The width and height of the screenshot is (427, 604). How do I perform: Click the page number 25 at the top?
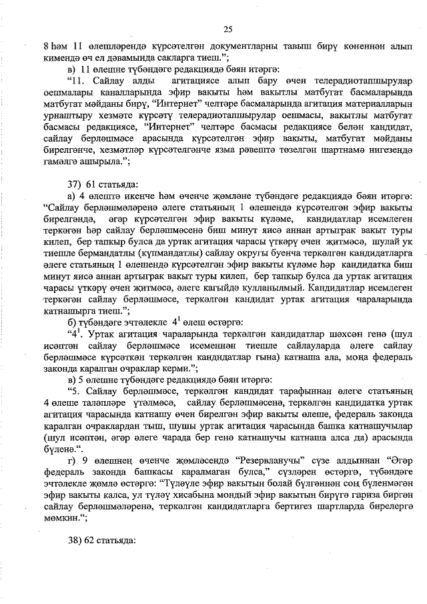[228, 29]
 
